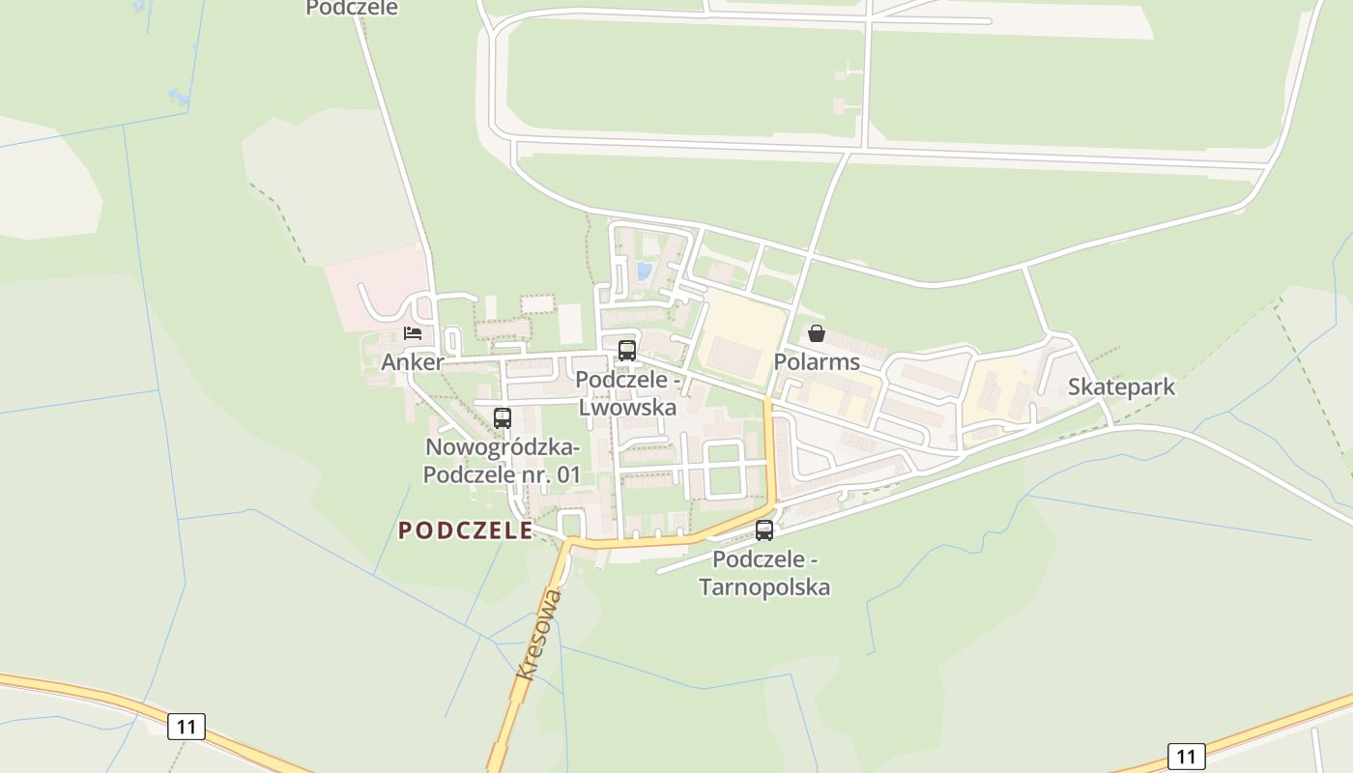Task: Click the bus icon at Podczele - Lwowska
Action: click(x=627, y=350)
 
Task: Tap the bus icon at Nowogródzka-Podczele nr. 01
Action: click(x=503, y=418)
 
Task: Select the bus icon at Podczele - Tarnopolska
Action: click(x=764, y=530)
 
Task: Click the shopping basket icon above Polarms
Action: click(x=817, y=333)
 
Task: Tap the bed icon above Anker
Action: click(x=413, y=333)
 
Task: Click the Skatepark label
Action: click(x=1121, y=387)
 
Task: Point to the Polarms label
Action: click(x=817, y=362)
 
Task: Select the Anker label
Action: click(x=413, y=362)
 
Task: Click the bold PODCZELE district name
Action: click(x=465, y=530)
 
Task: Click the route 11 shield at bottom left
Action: click(x=186, y=726)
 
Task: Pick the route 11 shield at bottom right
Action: click(x=1186, y=756)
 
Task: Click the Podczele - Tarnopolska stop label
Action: click(x=764, y=573)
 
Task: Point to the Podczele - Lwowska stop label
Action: click(x=627, y=393)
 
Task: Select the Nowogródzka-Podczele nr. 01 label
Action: click(x=503, y=461)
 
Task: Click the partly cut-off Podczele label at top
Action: click(x=352, y=9)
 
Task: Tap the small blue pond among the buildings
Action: click(x=644, y=272)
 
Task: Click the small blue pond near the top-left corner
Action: click(x=180, y=96)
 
